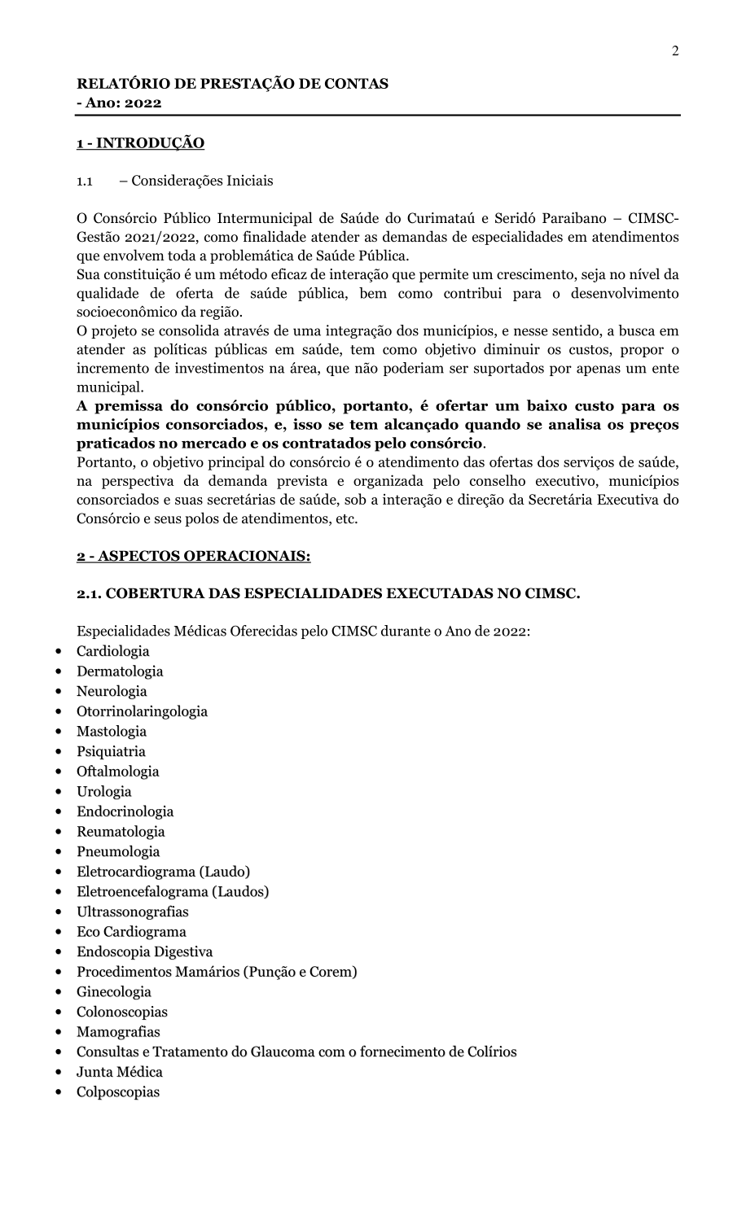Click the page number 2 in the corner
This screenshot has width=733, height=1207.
click(675, 51)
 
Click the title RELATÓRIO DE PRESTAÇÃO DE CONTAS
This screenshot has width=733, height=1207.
click(232, 83)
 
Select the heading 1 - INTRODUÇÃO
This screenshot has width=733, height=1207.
click(140, 143)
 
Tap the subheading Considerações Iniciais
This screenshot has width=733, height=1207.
click(202, 181)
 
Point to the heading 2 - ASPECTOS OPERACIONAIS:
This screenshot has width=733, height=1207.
click(193, 557)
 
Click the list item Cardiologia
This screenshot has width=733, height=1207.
click(113, 651)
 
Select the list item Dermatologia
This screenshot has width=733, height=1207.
click(120, 671)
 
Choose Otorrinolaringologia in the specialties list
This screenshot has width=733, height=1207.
click(142, 711)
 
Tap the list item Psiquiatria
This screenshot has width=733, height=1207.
click(111, 751)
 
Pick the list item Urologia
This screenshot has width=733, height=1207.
click(103, 791)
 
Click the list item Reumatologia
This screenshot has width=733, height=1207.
click(121, 831)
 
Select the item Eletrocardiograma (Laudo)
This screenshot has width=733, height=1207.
click(163, 872)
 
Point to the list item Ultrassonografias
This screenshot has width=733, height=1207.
click(132, 912)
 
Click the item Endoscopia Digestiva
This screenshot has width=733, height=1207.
click(144, 951)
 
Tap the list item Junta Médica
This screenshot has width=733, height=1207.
click(120, 1072)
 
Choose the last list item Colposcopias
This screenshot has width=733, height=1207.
click(118, 1092)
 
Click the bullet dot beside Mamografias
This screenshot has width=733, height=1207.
click(58, 1032)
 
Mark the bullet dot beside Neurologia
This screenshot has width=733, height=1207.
click(58, 692)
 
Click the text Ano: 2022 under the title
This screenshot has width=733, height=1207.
click(122, 103)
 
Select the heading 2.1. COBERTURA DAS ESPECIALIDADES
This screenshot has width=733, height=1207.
click(328, 594)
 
